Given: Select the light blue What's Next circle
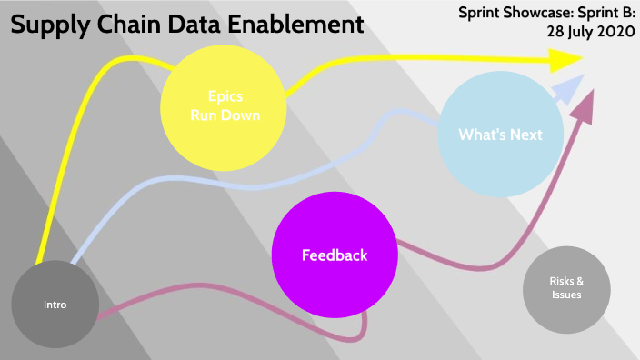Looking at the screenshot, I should [500, 135].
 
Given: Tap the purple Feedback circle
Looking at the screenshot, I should [335, 255].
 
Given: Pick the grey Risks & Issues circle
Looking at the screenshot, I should [566, 288].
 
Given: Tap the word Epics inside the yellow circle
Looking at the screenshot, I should [225, 97].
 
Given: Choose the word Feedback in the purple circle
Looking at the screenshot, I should [335, 255].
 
